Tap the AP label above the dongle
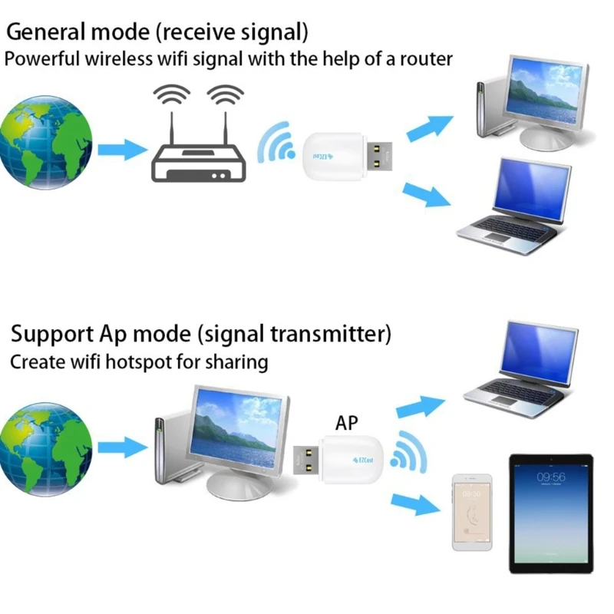pos(346,423)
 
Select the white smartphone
pos(471,512)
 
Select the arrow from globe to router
pos(121,148)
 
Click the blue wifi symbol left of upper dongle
pos(276,144)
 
